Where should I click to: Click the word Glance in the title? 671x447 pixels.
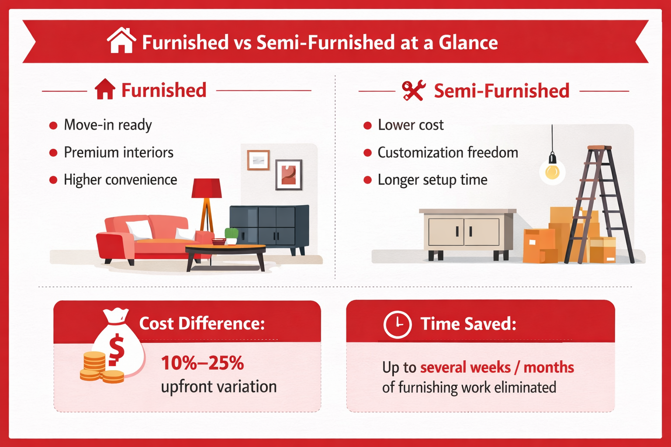468,43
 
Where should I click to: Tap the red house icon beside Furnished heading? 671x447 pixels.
105,89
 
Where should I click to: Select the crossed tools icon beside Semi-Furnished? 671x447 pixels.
413,91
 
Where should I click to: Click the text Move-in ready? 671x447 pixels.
108,125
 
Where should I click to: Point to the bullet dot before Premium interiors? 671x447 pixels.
53,153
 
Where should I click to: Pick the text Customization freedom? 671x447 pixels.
448,153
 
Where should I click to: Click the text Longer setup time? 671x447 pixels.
432,180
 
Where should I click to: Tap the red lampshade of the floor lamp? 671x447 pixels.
207,188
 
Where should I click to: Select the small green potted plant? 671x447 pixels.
231,235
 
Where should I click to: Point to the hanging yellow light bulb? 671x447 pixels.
552,172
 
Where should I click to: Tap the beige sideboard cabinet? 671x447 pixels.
467,232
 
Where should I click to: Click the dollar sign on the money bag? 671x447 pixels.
116,349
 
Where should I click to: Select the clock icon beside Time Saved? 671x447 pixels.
398,324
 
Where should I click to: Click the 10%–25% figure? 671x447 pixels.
202,363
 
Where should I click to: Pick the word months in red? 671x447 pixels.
549,368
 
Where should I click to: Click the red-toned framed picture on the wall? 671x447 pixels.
289,175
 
